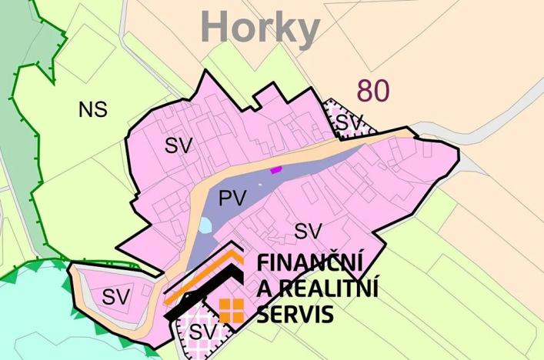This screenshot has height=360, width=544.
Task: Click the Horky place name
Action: click(x=260, y=28)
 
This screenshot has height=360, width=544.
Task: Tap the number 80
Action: click(x=372, y=91)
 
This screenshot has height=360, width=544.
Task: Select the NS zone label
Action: click(x=92, y=110)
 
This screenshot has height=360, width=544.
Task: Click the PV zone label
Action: click(x=232, y=198)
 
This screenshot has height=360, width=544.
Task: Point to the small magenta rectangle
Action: click(x=275, y=170)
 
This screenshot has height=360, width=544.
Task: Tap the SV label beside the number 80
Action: click(x=349, y=122)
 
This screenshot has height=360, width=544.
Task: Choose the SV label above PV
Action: click(x=178, y=145)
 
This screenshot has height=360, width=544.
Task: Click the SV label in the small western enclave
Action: click(x=117, y=295)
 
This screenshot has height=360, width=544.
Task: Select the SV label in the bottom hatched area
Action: click(x=201, y=332)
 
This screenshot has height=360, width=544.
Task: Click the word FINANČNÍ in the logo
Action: click(x=310, y=262)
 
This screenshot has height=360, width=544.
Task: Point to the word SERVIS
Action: click(x=296, y=314)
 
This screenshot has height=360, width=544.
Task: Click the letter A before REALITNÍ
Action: click(x=265, y=288)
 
